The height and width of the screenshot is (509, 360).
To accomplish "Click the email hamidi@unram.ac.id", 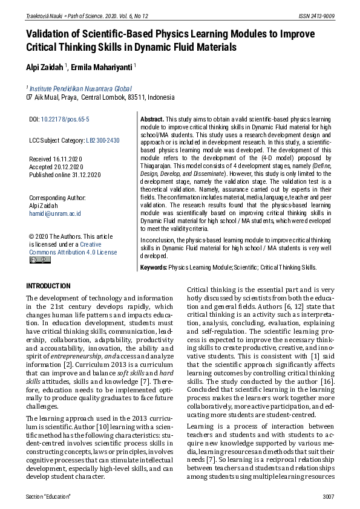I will click(55, 213).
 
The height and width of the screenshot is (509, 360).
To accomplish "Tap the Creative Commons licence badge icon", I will click(40, 260).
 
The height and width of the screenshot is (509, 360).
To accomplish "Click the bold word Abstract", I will click(152, 120).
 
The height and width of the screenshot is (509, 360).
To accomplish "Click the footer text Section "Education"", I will click(48, 496).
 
